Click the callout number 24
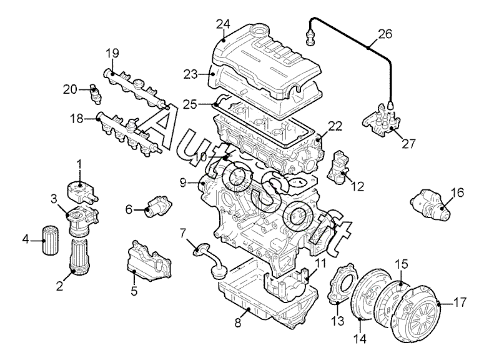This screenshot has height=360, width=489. [x=223, y=24]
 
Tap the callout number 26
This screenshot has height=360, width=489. [x=385, y=34]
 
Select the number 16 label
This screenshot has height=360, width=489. [x=458, y=192]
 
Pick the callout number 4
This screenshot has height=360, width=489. [x=26, y=239]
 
